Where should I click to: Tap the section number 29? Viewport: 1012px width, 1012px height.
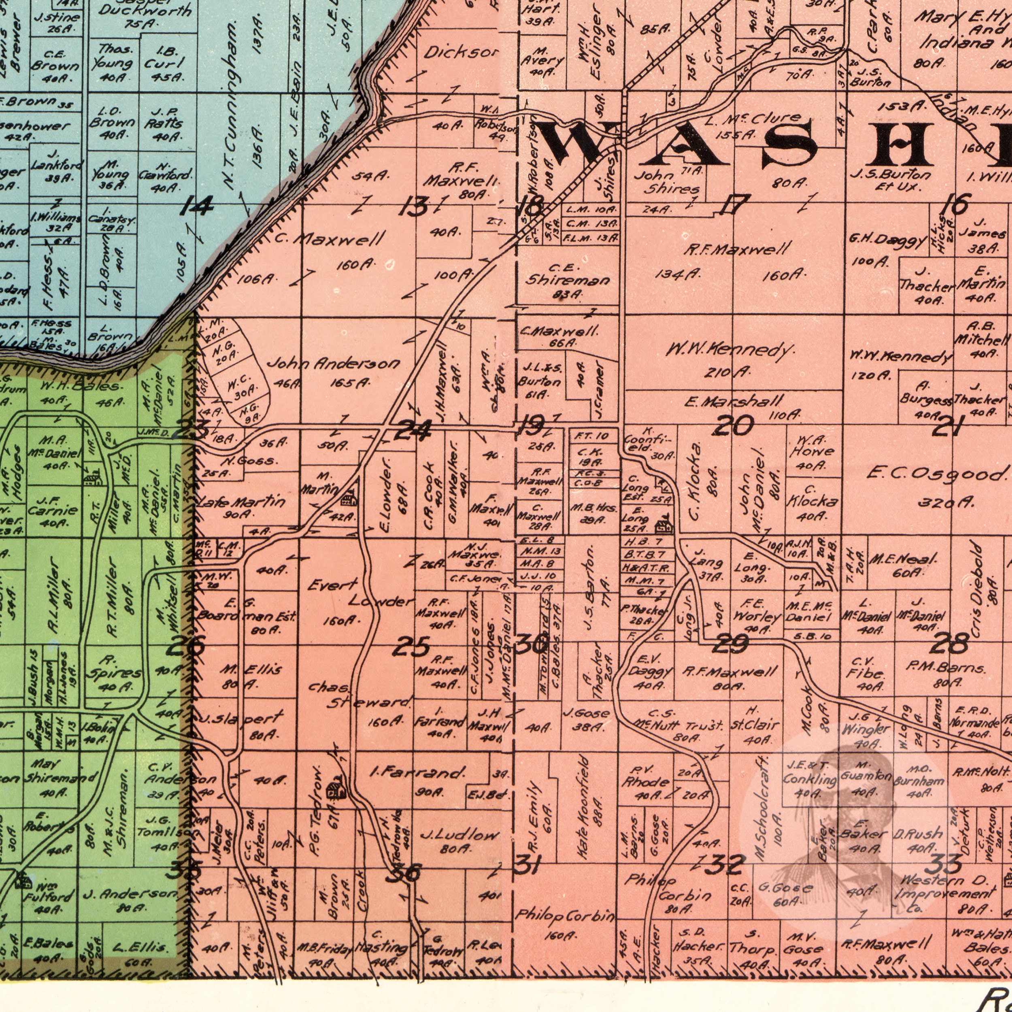(x=732, y=643)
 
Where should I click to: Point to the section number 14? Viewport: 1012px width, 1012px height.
(x=196, y=207)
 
